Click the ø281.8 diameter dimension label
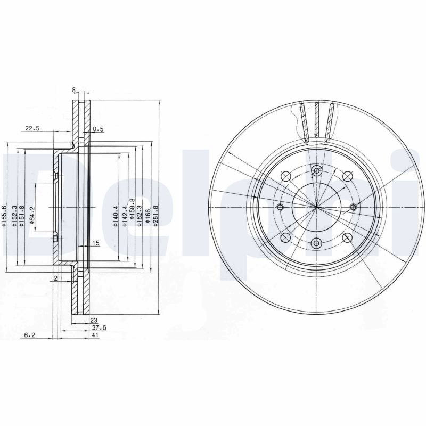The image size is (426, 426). [155, 216]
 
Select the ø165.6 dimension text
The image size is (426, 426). [4, 216]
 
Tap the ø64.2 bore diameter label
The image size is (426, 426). [32, 216]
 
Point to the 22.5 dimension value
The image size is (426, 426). [32, 128]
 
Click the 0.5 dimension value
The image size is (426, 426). [98, 129]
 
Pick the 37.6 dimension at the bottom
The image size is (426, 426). [99, 328]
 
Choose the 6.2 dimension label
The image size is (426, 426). [30, 335]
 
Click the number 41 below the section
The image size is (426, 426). [95, 335]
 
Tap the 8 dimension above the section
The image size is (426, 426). [73, 89]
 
